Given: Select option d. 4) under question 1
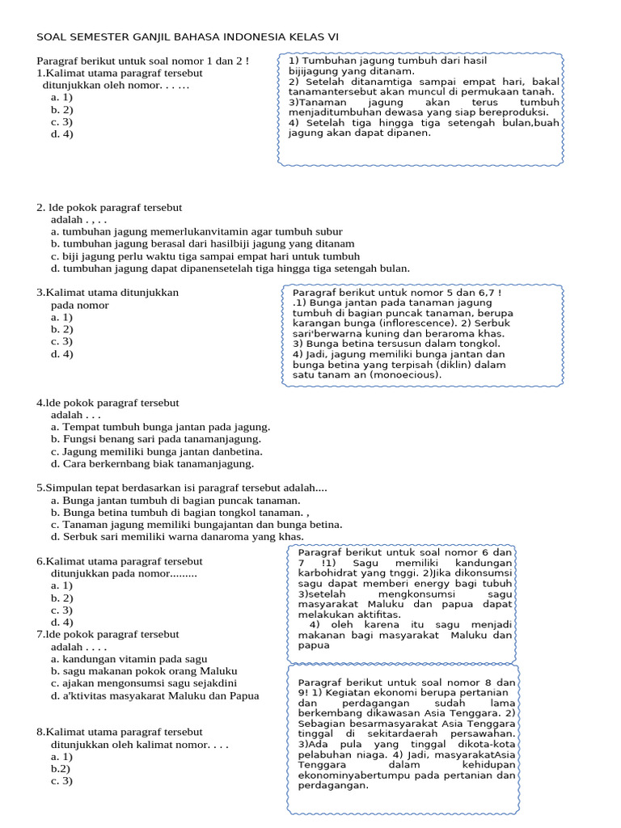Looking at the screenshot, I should click(x=61, y=134).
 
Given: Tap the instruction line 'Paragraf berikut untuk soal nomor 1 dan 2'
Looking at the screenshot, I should click(x=143, y=61).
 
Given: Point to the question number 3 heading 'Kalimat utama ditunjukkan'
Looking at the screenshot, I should click(x=108, y=293).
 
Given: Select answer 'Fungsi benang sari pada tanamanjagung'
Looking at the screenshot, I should click(x=158, y=439).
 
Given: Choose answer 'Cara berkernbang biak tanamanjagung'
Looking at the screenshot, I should click(x=152, y=464).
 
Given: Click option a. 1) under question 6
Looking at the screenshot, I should click(x=61, y=585).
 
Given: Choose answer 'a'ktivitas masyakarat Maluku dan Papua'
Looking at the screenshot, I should click(x=154, y=696).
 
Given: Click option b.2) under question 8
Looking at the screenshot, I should click(x=61, y=769).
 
